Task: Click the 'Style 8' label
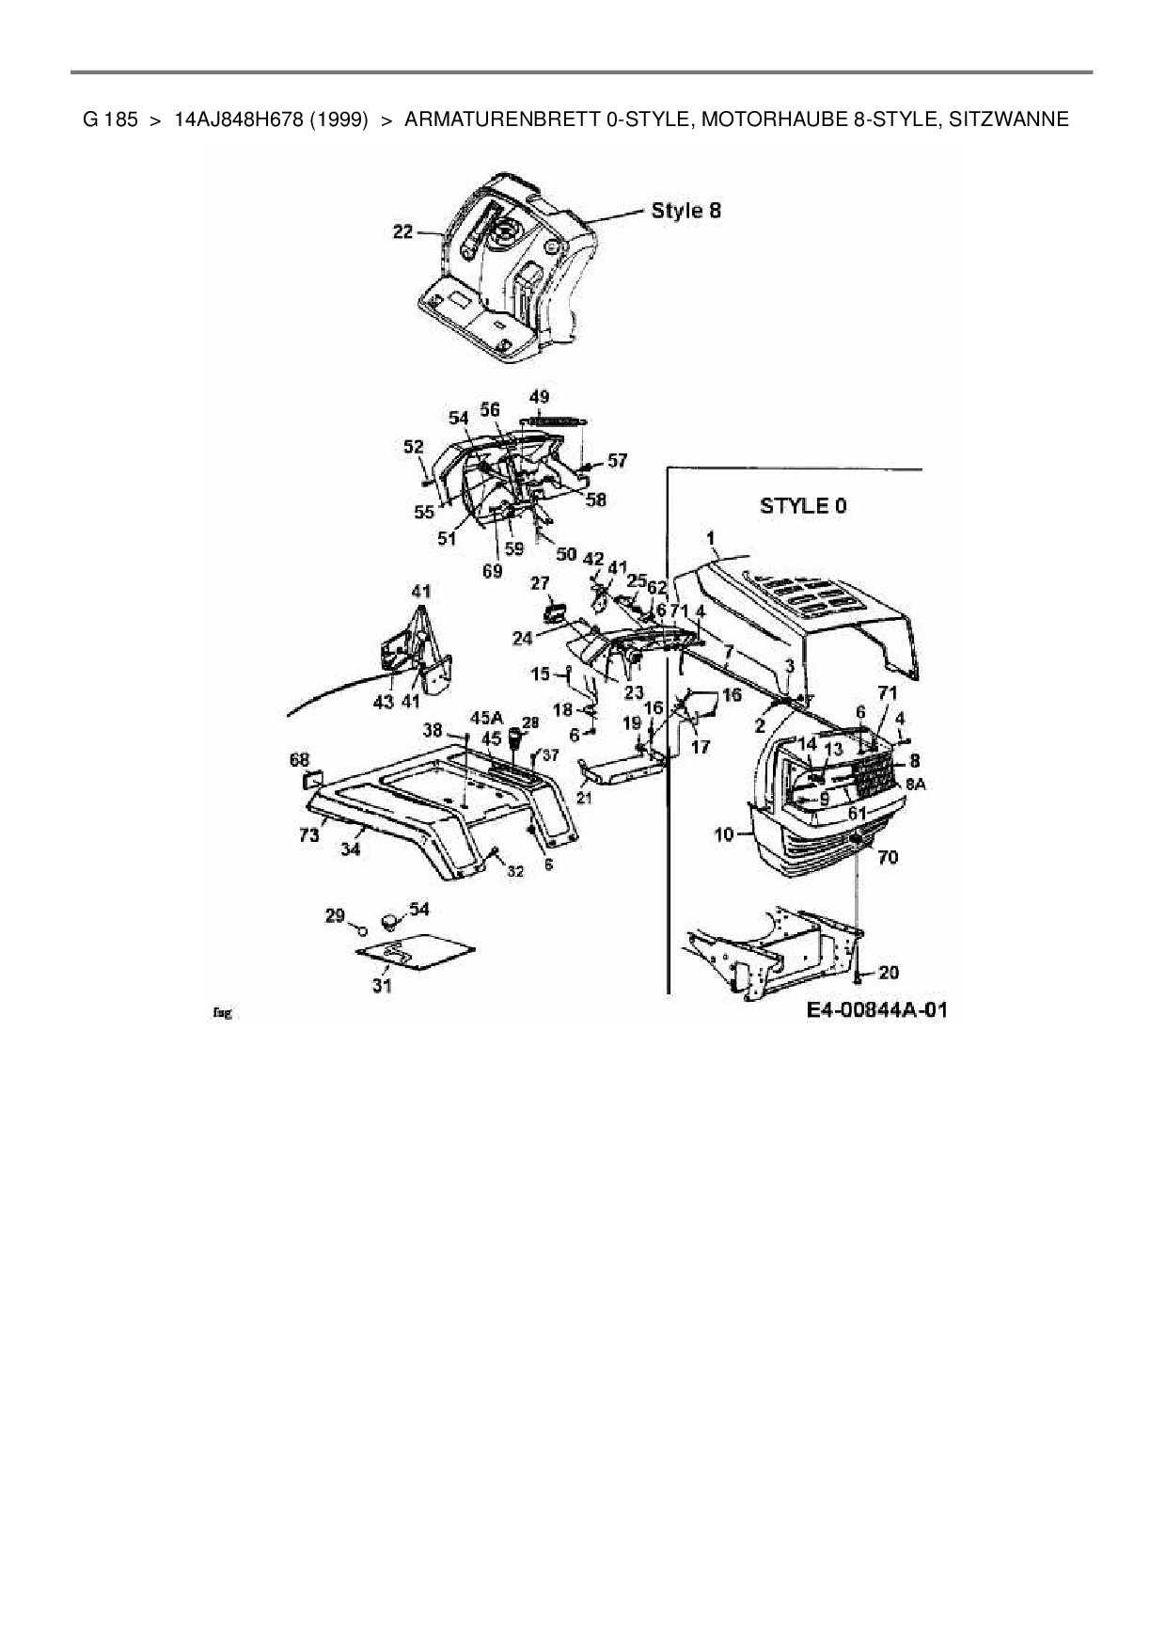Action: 685,211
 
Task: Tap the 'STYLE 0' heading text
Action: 802,506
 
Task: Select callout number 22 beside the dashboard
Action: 402,231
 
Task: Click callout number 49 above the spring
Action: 539,397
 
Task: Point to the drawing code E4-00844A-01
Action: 876,1010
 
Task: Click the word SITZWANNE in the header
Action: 1009,119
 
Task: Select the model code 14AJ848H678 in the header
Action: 271,119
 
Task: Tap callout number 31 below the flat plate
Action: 381,986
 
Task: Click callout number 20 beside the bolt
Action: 888,973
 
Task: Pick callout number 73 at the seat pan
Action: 309,833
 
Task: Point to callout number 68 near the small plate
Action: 299,758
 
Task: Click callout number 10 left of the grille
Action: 723,833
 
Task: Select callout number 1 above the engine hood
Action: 712,538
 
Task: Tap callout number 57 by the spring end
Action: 617,461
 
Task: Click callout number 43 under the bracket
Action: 383,702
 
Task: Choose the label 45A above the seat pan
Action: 485,720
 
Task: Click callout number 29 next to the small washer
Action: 335,915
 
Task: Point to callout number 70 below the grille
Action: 888,857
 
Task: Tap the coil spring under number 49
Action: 554,420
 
